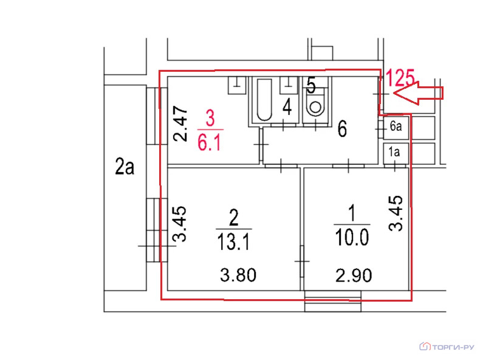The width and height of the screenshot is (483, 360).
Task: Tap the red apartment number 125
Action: pos(400,77)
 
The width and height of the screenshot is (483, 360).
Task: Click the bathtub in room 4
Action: pos(264,100)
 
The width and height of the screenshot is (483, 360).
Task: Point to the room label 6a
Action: pos(396,126)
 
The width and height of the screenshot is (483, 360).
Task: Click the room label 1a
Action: pos(394,152)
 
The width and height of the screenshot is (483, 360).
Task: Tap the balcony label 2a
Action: pos(125,167)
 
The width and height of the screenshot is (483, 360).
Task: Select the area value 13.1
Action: pos(233,241)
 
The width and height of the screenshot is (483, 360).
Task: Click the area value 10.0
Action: pos(352,238)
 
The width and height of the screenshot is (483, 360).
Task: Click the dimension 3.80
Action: pos(238,275)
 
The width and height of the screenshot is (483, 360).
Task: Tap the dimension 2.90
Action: pos(354,275)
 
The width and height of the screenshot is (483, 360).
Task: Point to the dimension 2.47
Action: pos(180,124)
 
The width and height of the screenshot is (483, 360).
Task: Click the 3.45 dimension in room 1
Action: pos(396,213)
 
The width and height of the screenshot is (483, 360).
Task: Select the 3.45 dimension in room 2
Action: pos(179,224)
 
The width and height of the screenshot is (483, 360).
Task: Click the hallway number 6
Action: pos(342,129)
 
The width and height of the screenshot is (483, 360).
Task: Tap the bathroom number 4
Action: pos(287,107)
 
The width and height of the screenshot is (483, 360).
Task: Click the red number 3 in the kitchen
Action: pos(210,118)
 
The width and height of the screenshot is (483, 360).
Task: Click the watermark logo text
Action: pos(447,347)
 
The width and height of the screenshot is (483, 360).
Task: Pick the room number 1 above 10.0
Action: pos(352,213)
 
